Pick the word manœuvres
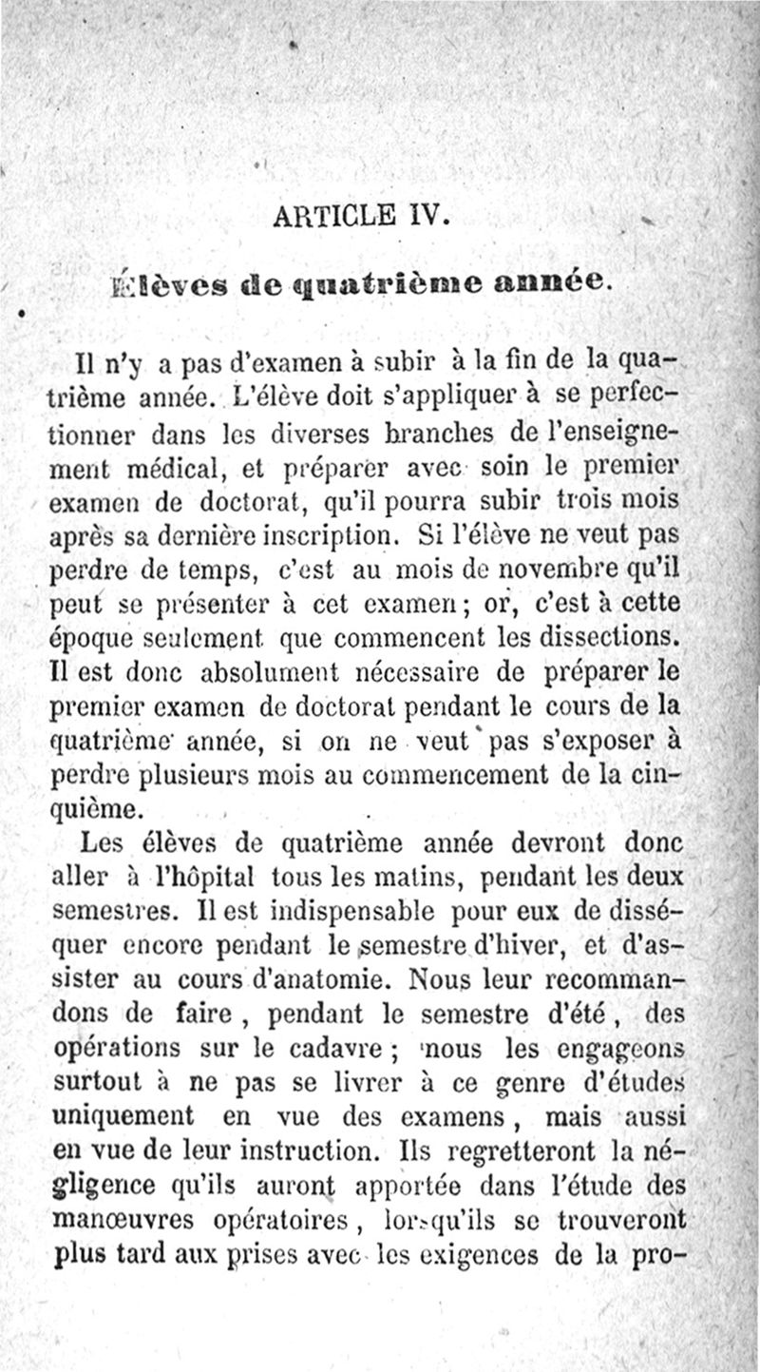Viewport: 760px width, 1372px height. (x=119, y=1220)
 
